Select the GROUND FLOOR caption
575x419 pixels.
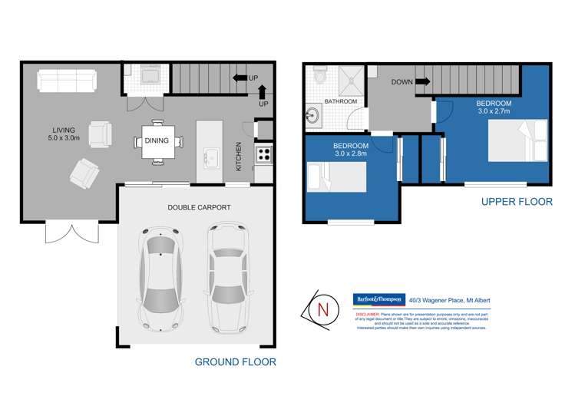pyautogui.click(x=235, y=361)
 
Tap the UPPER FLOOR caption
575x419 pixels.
pyautogui.click(x=516, y=202)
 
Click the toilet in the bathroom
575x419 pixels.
pyautogui.click(x=322, y=78)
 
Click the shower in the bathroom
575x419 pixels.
pyautogui.click(x=348, y=78)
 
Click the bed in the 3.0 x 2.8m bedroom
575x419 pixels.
pyautogui.click(x=336, y=179)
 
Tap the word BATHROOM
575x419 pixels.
pyautogui.click(x=339, y=101)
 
